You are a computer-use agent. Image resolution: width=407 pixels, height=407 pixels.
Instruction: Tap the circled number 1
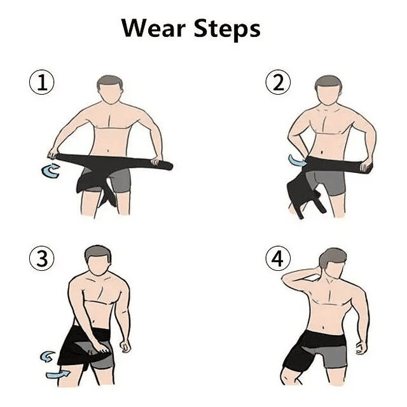click(x=42, y=83)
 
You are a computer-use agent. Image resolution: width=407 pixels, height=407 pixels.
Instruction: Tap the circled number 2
click(x=277, y=83)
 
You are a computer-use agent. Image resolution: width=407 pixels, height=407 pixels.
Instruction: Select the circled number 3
click(x=42, y=259)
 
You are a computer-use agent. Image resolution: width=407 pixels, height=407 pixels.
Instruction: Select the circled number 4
click(x=277, y=259)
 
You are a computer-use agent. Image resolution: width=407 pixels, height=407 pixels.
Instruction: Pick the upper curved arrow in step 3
click(x=46, y=356)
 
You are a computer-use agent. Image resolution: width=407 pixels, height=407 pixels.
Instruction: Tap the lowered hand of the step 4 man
click(x=361, y=347)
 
